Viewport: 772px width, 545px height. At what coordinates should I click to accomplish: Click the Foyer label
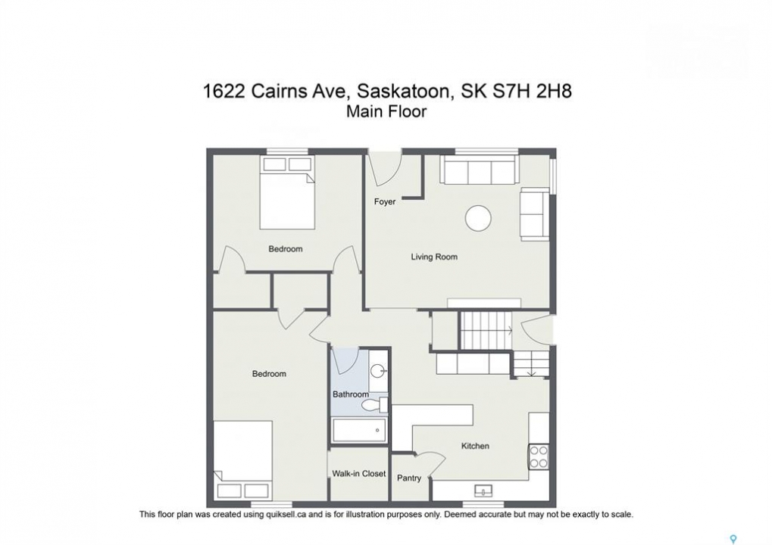[385, 201]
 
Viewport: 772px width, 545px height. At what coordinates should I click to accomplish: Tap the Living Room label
[434, 257]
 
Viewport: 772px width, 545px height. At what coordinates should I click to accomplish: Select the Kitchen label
[475, 446]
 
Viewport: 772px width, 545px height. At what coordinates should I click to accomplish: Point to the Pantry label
[409, 478]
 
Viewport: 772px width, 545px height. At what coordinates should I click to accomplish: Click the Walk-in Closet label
[359, 474]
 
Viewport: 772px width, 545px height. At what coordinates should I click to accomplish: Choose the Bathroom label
[351, 394]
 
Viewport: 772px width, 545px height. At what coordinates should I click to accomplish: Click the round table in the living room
[479, 218]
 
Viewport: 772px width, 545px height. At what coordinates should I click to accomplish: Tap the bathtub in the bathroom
[360, 431]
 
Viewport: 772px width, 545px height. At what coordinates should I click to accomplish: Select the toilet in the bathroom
[375, 405]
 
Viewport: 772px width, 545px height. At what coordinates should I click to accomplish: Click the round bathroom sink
[379, 370]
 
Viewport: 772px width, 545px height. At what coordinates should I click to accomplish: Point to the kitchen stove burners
[539, 456]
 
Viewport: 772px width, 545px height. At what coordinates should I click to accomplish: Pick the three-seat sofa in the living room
[480, 170]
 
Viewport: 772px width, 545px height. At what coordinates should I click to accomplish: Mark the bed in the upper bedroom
[287, 193]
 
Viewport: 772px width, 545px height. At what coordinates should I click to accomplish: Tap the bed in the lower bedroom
[242, 459]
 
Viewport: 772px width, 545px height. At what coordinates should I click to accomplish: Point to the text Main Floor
[386, 111]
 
